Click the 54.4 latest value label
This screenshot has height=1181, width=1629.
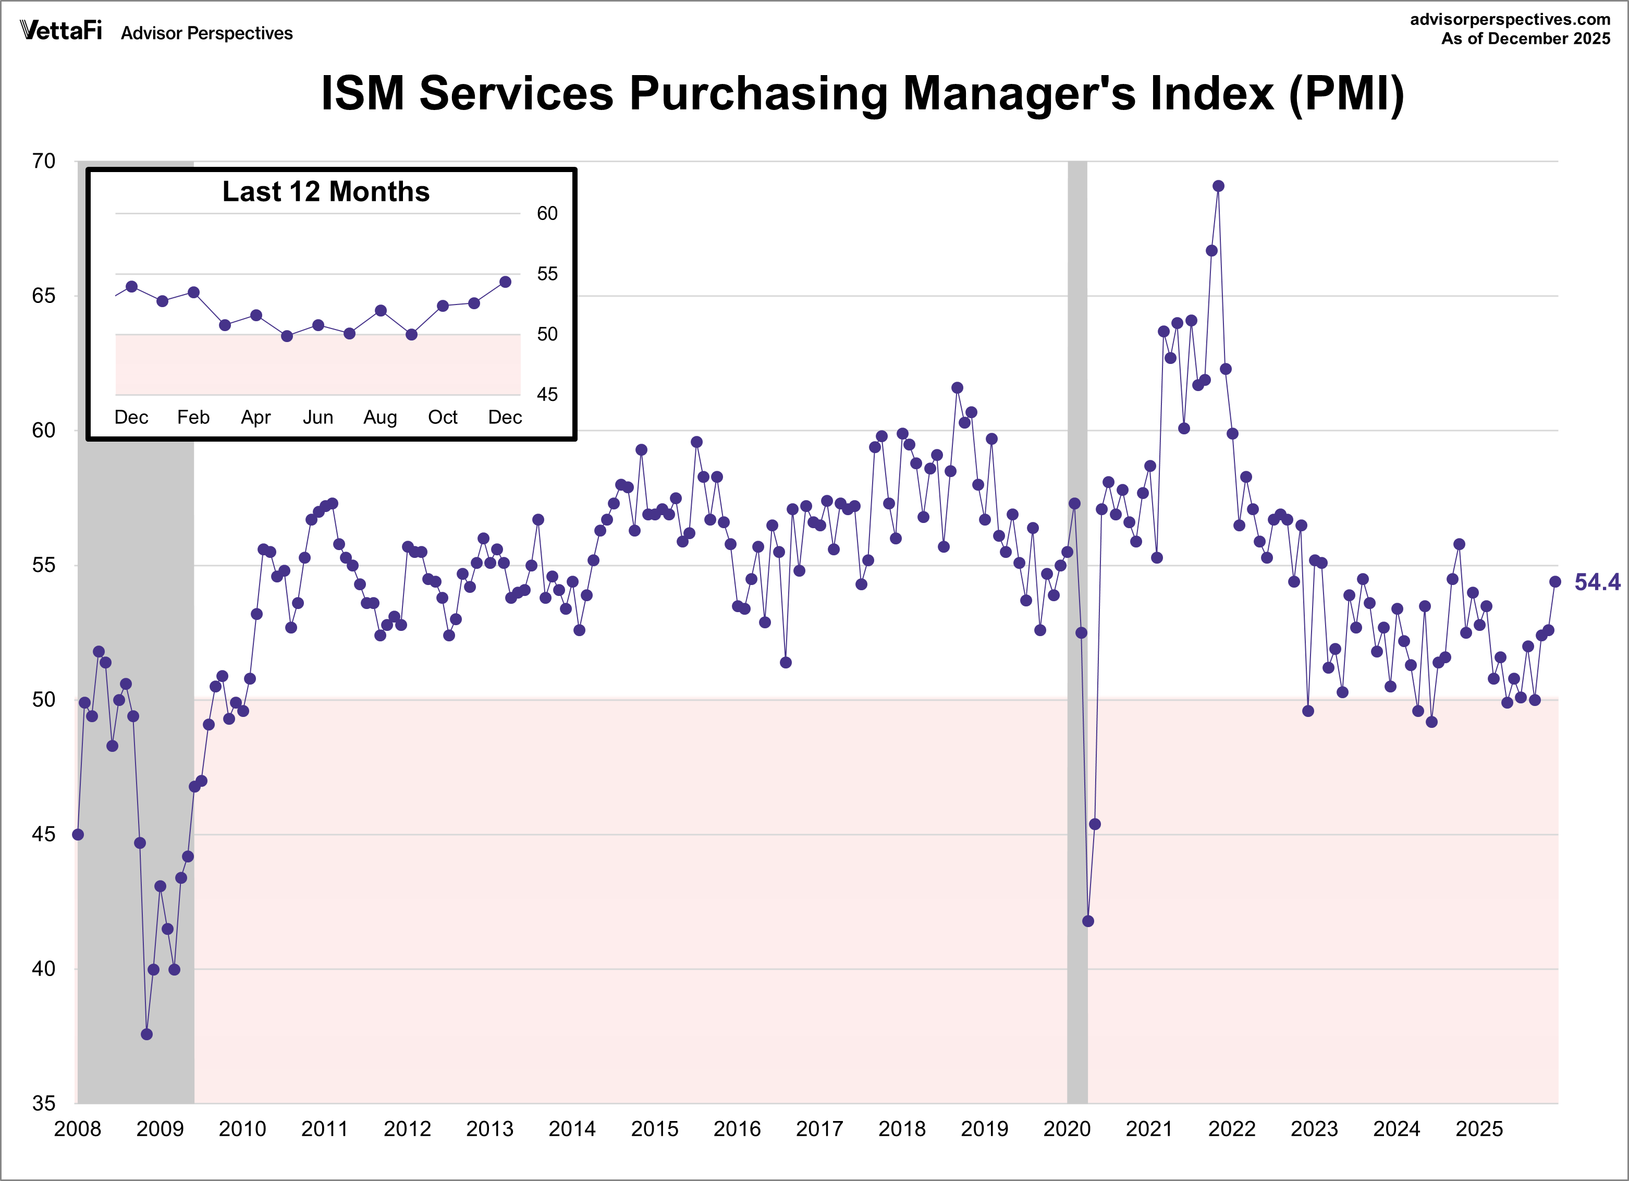tap(1597, 582)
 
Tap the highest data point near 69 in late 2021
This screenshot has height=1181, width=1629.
tap(1218, 186)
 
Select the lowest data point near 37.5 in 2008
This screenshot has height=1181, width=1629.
tap(146, 1034)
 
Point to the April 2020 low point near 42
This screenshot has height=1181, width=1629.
tap(1087, 921)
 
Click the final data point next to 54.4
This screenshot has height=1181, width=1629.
tap(1555, 582)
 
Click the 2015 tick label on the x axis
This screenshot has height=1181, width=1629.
tap(654, 1129)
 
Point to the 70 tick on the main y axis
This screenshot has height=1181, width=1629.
tap(44, 161)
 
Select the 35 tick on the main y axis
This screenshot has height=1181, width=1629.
tap(44, 1103)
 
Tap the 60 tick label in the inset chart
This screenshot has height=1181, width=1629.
tap(547, 213)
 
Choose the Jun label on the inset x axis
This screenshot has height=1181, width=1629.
tap(317, 417)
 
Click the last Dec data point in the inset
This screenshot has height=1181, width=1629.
tap(505, 282)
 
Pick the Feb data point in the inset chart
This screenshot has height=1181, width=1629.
tap(193, 293)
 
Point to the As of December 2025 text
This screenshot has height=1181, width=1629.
tap(1526, 39)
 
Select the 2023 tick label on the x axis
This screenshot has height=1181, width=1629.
tap(1314, 1129)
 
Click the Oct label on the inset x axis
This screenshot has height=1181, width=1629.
tap(443, 417)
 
